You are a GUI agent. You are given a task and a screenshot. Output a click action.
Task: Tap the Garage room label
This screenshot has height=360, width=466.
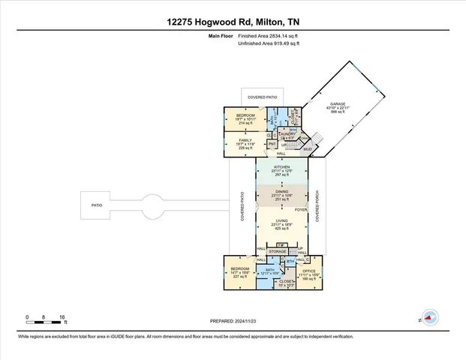[335, 104]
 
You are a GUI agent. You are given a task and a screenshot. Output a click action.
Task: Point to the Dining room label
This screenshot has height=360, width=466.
[281, 193]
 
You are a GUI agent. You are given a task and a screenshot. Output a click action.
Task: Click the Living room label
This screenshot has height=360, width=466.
[281, 220]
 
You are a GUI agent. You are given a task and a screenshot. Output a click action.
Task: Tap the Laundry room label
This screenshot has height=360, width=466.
[288, 133]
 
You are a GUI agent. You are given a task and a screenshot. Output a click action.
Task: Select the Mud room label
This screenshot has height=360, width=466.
[308, 148]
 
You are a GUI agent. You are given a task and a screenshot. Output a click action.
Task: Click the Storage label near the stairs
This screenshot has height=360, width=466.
[278, 251]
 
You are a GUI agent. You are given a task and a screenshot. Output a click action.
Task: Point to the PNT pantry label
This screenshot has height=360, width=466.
[262, 143]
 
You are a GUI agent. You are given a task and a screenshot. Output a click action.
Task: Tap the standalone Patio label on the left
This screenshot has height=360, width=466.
[97, 204]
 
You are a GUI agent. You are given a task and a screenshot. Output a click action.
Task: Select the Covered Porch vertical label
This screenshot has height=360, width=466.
[318, 205]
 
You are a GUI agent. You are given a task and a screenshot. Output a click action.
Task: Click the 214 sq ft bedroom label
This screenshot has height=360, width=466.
[246, 115]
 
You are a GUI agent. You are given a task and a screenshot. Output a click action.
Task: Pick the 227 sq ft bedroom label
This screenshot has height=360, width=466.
[239, 271]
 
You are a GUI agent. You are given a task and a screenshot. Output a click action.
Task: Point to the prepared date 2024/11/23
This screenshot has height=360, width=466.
[233, 321]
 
